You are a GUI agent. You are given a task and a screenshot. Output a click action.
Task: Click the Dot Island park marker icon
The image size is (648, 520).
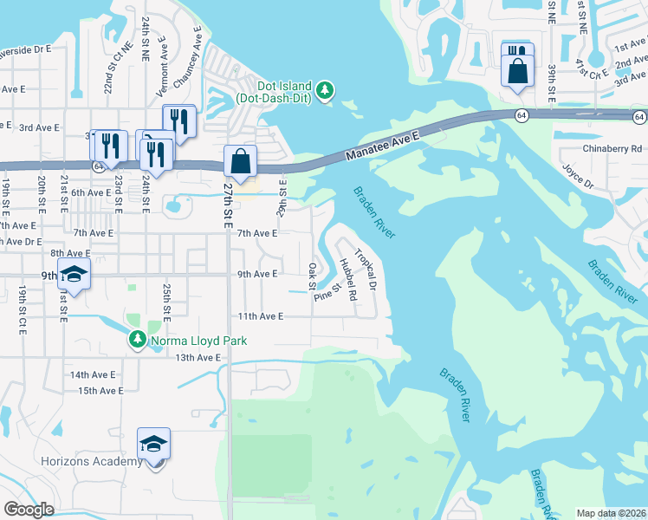pyautogui.click(x=324, y=90)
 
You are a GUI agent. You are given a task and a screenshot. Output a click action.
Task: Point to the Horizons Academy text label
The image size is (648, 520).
pyautogui.click(x=92, y=461)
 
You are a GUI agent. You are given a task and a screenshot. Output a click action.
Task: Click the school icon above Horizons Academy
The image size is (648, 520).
pyautogui.click(x=153, y=444)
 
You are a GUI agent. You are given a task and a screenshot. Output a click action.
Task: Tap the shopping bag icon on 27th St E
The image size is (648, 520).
pyautogui.click(x=241, y=161)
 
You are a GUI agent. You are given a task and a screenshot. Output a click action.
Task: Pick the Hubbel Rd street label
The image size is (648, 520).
pyautogui.click(x=349, y=279)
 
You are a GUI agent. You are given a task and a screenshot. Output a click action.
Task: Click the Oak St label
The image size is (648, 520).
pyautogui.click(x=312, y=276)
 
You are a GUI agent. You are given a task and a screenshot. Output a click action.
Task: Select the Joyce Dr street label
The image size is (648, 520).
pyautogui.click(x=577, y=177)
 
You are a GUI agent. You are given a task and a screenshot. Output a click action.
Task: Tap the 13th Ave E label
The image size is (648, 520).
pyautogui.click(x=198, y=357)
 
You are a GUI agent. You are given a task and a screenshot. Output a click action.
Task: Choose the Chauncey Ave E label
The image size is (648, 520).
pyautogui.click(x=188, y=57)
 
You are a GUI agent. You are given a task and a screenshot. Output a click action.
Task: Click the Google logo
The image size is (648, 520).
pyautogui.click(x=29, y=509)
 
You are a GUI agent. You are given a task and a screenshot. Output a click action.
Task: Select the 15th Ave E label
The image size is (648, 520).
pyautogui.click(x=100, y=391)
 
